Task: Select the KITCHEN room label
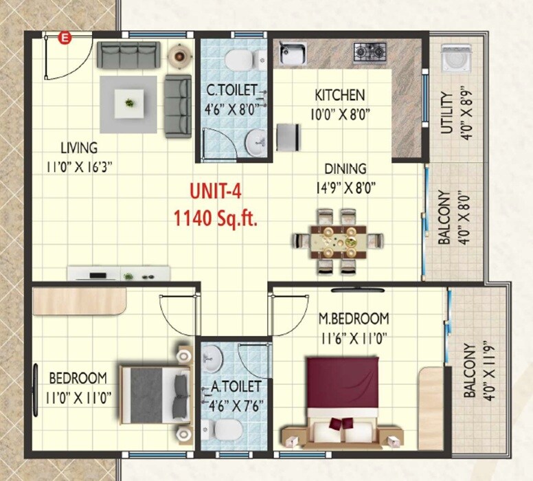click(340, 95)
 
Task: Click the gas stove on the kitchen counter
click(370, 52)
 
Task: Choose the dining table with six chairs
click(337, 241)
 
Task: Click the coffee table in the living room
click(129, 103)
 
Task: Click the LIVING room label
click(79, 148)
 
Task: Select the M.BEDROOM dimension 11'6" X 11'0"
click(354, 337)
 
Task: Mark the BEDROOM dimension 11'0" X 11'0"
click(78, 396)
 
